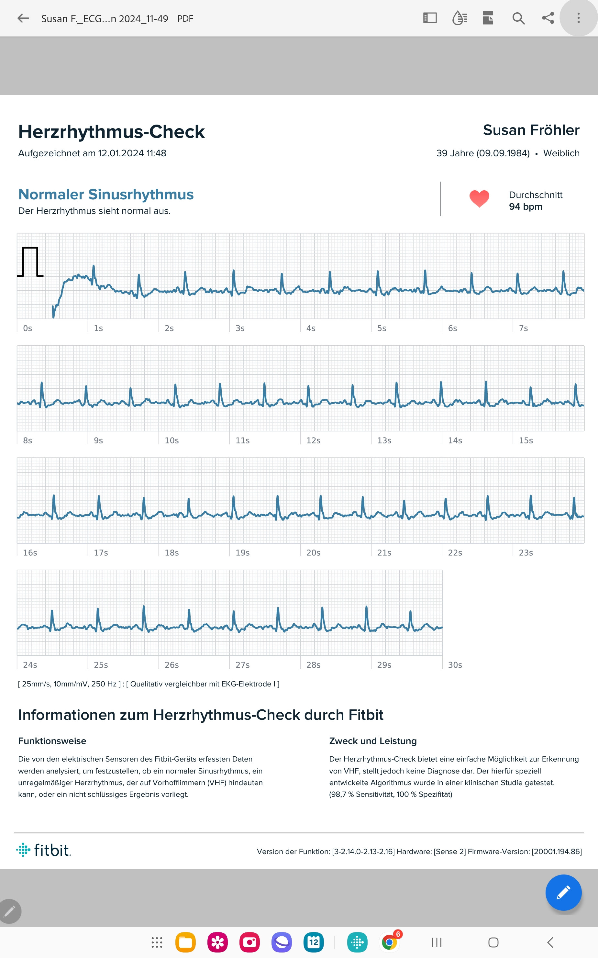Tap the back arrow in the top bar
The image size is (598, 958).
pos(23,18)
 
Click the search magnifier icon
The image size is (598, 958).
pos(518,18)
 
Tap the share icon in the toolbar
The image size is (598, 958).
pos(548,18)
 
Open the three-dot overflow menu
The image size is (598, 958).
pos(578,18)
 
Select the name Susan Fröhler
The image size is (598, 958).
pos(531,130)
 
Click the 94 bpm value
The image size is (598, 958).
pos(525,207)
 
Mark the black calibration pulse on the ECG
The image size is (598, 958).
pos(30,262)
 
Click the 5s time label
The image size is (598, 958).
pos(381,328)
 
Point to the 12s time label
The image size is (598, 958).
pos(313,440)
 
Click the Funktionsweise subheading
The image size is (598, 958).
pos(52,741)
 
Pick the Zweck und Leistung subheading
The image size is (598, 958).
pos(372,741)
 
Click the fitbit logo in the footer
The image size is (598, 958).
pos(43,851)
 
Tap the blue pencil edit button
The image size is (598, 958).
pos(563,893)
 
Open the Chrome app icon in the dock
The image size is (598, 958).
pos(390,942)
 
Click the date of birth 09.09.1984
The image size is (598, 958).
pos(503,153)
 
